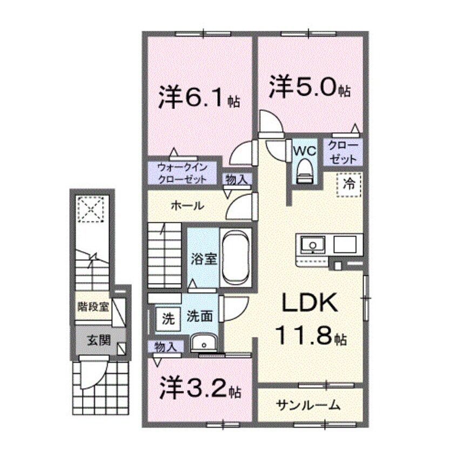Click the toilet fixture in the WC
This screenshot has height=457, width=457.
[306, 169]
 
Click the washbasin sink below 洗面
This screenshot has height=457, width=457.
[203, 343]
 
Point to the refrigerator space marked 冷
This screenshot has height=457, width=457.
[350, 184]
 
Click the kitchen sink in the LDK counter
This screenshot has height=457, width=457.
[312, 245]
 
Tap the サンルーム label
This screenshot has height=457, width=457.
[308, 405]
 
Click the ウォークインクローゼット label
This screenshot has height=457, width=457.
[182, 173]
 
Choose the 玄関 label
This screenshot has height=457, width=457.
[98, 341]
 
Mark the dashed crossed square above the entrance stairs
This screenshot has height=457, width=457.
[90, 208]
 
